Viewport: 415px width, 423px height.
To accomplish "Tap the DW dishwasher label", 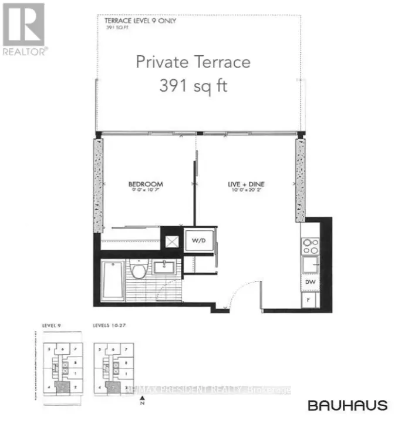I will (x=311, y=283).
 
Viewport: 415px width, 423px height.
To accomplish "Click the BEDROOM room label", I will (x=146, y=184).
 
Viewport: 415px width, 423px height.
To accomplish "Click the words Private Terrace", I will (x=193, y=62).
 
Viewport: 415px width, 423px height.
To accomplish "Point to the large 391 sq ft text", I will (x=193, y=86).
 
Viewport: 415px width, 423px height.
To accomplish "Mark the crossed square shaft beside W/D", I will (x=173, y=240).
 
